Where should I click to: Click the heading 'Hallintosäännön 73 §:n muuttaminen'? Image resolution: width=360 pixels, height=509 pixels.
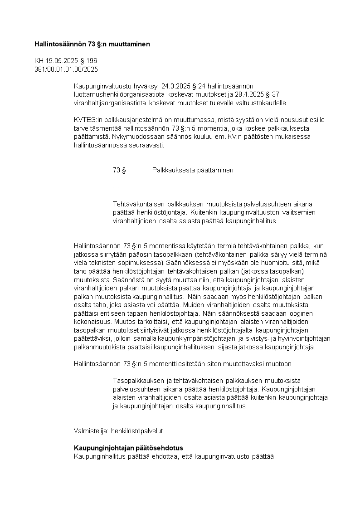pos(92,44)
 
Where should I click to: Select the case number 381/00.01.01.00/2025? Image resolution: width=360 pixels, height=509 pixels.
pos(66,69)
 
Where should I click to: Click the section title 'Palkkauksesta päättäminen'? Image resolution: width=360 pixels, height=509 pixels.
pos(193,170)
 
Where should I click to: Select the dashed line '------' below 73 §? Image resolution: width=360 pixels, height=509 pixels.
pos(119,187)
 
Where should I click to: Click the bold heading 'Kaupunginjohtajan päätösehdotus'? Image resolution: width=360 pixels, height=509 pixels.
pos(128,448)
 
